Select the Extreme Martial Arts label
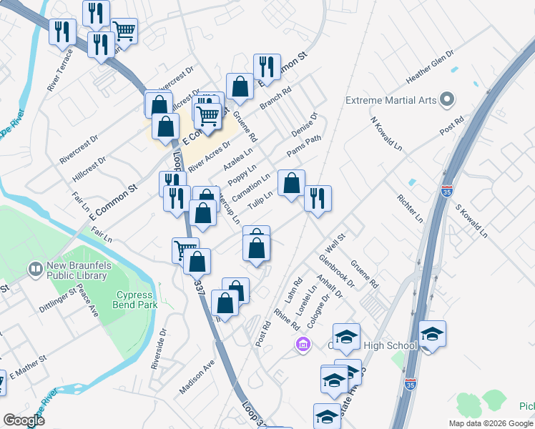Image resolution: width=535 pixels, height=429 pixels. [391, 100]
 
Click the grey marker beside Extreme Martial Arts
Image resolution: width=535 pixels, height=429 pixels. [448, 99]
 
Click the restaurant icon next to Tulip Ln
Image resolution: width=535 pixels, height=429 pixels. [318, 198]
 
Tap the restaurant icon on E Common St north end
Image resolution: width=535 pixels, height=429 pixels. [267, 66]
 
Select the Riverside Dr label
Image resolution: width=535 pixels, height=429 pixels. [158, 349]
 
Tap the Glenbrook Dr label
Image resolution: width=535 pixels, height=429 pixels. [337, 270]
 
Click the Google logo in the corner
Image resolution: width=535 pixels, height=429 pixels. [24, 420]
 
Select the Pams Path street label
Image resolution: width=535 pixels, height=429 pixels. [304, 147]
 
